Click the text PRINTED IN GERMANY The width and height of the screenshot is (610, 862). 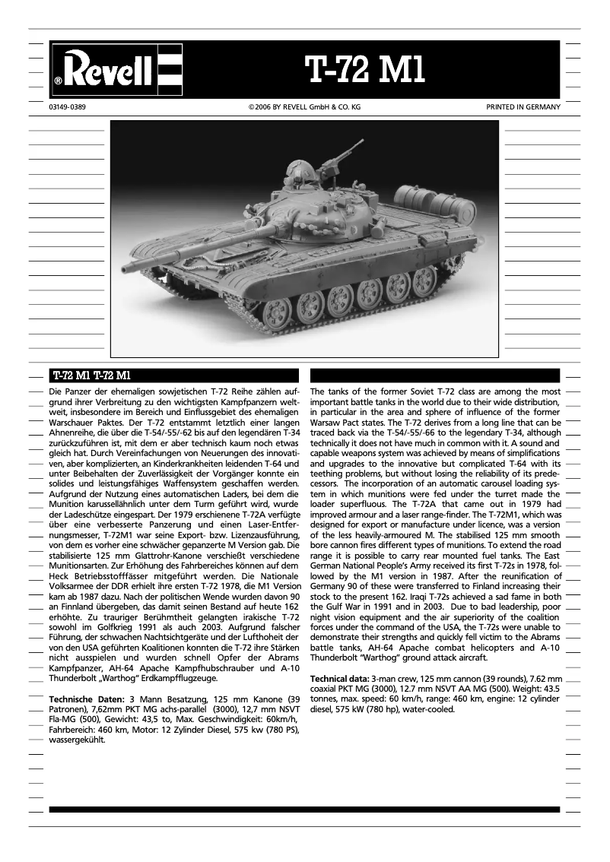point(523,107)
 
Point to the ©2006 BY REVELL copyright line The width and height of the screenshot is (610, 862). point(304,107)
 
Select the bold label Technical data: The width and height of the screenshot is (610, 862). point(340,677)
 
